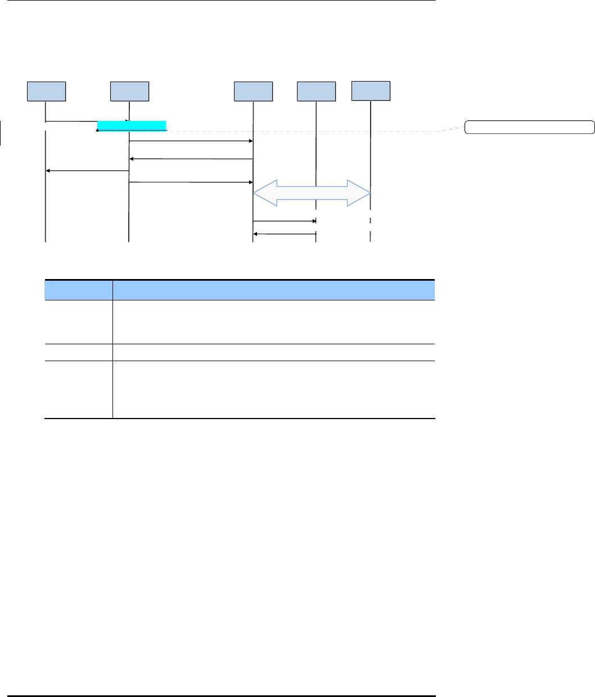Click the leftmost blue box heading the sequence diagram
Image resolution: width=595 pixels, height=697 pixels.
[x=47, y=91]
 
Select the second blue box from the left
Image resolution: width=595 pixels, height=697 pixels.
[x=130, y=91]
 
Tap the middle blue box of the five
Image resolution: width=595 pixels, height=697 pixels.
[x=253, y=91]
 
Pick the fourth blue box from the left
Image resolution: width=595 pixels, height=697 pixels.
[x=316, y=91]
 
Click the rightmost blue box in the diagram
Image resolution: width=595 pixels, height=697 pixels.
[x=371, y=91]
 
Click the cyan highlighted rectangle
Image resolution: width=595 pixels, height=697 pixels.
[x=132, y=125]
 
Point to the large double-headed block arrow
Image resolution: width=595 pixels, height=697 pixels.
[x=312, y=194]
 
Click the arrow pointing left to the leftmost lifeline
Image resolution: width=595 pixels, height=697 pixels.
[x=87, y=170]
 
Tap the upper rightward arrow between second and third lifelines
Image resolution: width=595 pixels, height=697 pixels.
[x=191, y=141]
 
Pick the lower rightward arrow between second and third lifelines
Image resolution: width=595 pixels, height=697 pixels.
[x=191, y=182]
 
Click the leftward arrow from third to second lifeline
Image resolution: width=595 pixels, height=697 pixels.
[x=191, y=159]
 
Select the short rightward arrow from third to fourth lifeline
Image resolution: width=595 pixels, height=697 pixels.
[x=285, y=221]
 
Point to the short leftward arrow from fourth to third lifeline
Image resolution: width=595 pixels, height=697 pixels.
[x=285, y=233]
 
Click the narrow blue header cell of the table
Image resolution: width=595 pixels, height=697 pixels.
[x=78, y=290]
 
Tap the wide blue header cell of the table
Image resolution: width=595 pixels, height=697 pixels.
[x=274, y=290]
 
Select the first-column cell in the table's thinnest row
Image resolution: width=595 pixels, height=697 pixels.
[x=78, y=352]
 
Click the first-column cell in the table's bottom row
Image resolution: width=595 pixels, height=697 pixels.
[x=78, y=389]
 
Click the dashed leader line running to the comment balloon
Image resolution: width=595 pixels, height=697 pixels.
[x=315, y=132]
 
